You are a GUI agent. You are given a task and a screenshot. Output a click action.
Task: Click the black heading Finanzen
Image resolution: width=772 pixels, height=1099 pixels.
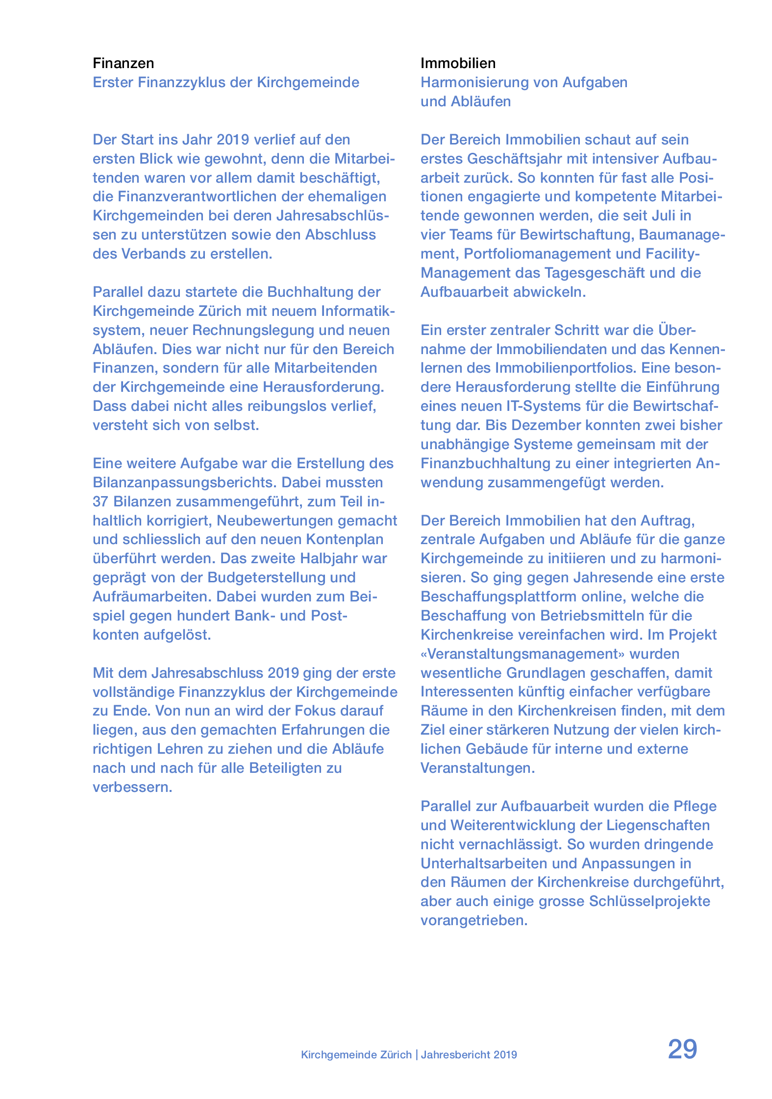click(123, 63)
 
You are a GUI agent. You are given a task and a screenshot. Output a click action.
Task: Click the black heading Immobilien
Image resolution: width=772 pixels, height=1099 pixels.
click(458, 63)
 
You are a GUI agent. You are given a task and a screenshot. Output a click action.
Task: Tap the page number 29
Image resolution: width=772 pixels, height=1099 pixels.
click(682, 1050)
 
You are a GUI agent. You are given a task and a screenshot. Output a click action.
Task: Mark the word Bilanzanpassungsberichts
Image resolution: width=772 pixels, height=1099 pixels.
click(185, 482)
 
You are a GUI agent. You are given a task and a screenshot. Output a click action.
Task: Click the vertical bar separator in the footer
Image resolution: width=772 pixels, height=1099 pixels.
click(416, 1054)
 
